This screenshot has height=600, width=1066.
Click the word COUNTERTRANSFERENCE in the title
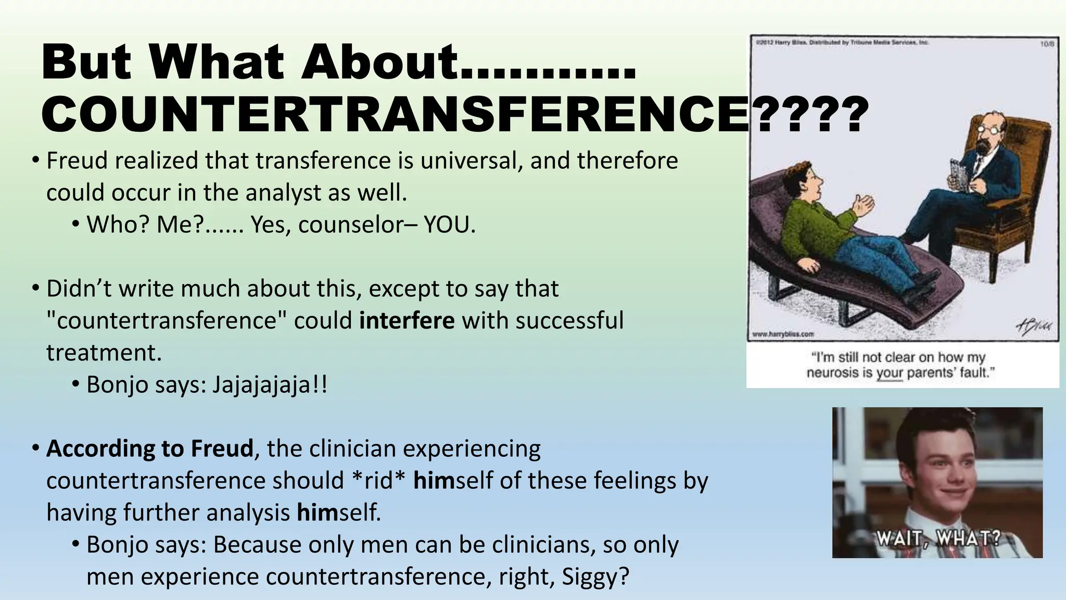pos(396,115)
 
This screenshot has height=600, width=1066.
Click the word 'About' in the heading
pos(383,63)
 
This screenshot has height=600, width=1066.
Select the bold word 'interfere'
pos(407,320)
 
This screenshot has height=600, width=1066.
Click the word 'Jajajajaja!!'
pos(270,385)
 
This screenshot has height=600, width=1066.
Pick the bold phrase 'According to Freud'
pos(150,448)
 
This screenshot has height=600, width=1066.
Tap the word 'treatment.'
pos(104,353)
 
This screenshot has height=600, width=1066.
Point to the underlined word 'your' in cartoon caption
pos(890,373)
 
